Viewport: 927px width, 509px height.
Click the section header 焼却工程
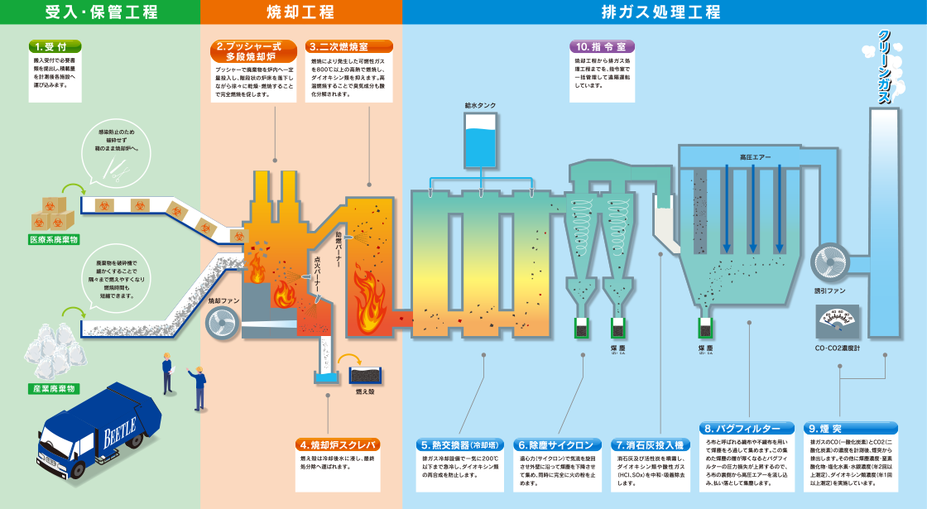tap(300, 12)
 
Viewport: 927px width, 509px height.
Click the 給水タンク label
tap(480, 107)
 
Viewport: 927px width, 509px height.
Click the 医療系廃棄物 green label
tap(52, 240)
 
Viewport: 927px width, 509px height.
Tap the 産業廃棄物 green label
tap(54, 388)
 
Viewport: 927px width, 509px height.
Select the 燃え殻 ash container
tap(365, 376)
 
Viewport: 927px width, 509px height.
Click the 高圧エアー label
tap(754, 156)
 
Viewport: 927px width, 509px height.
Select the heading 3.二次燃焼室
tap(348, 46)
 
